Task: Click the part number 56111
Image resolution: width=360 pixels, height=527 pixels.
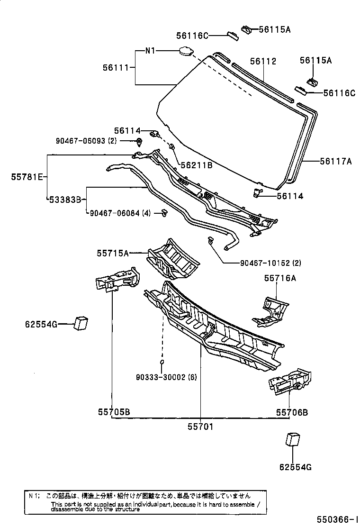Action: (x=116, y=68)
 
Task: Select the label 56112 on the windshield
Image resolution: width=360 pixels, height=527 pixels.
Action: (x=263, y=62)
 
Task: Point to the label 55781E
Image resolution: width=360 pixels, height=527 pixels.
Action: (x=27, y=177)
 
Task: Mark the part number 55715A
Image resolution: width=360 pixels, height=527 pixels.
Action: (x=113, y=254)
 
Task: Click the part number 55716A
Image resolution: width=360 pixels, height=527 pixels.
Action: (x=280, y=278)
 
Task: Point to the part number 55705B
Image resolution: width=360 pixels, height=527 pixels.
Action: (x=114, y=412)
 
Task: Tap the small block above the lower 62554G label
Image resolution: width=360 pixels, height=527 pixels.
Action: (x=293, y=439)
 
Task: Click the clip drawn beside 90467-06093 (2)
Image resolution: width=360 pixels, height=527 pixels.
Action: (x=139, y=141)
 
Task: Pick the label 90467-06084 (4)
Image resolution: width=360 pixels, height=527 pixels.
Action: (x=120, y=213)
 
